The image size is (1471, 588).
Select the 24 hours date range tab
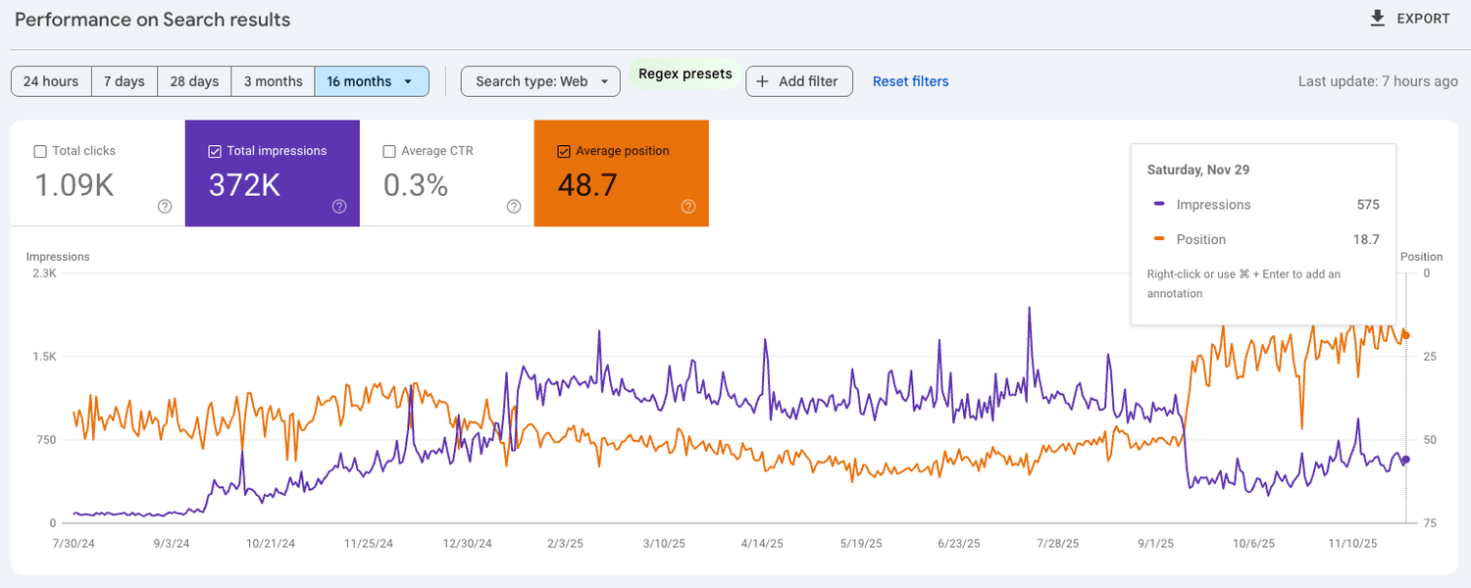pyautogui.click(x=51, y=81)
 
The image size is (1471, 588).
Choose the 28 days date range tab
pyautogui.click(x=194, y=81)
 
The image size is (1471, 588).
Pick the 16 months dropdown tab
pyautogui.click(x=371, y=81)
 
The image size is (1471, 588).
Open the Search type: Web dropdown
pyautogui.click(x=540, y=81)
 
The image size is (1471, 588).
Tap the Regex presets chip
pyautogui.click(x=685, y=74)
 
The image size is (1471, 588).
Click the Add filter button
pyautogui.click(x=799, y=81)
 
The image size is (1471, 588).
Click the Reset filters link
pyautogui.click(x=910, y=81)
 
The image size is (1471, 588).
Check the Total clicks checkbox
pyautogui.click(x=40, y=151)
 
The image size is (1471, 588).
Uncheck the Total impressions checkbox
pyautogui.click(x=215, y=151)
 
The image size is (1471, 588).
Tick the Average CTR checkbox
pyautogui.click(x=389, y=151)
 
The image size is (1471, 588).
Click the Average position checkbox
pyautogui.click(x=564, y=151)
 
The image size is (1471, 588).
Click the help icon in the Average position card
pyautogui.click(x=688, y=206)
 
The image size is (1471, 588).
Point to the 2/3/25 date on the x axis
pyautogui.click(x=565, y=543)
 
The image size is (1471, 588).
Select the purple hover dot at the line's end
pyautogui.click(x=1406, y=460)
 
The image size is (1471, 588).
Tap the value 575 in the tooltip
pyautogui.click(x=1368, y=205)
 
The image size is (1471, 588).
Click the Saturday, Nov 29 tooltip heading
pyautogui.click(x=1197, y=170)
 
